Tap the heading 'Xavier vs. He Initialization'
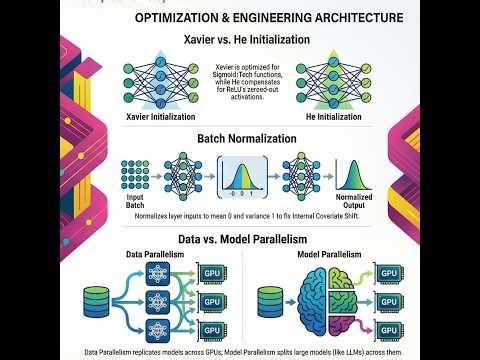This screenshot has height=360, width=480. (x=239, y=40)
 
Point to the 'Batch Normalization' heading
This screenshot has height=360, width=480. (x=239, y=139)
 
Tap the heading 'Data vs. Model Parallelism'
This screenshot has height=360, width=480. (x=239, y=240)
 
